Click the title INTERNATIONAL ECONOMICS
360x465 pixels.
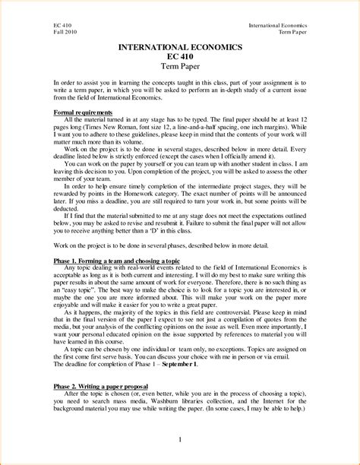180,48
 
